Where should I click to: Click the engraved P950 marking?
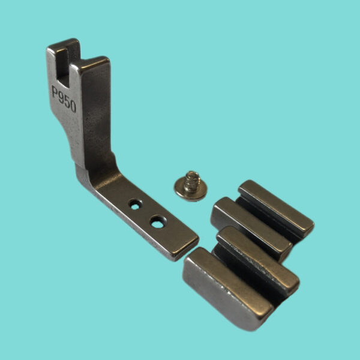(x=64, y=99)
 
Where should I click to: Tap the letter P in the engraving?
(x=55, y=91)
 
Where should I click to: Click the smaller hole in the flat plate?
(x=135, y=205)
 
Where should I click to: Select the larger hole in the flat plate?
(x=157, y=222)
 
